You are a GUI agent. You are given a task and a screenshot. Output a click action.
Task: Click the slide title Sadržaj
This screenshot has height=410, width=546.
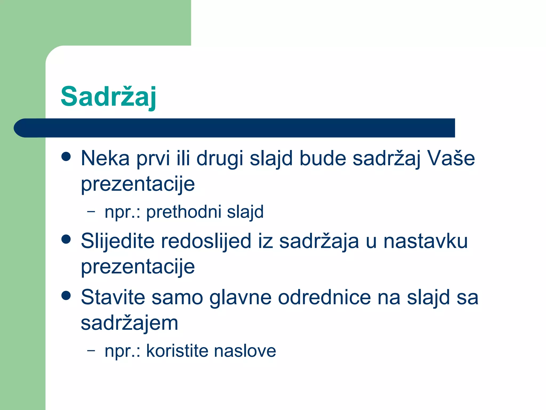(x=108, y=97)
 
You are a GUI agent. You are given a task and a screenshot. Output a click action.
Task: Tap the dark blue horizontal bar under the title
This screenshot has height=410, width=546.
(x=235, y=128)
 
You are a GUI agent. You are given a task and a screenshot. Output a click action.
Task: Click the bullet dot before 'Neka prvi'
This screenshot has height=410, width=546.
(x=66, y=157)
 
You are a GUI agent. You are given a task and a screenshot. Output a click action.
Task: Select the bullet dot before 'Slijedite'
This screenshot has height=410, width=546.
(x=66, y=239)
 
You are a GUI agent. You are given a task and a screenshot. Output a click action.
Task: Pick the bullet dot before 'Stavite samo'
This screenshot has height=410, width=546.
(x=66, y=295)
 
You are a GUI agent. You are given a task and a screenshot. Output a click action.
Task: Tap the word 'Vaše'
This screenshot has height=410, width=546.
(x=451, y=158)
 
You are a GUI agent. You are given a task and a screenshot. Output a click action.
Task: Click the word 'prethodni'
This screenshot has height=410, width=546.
(x=184, y=212)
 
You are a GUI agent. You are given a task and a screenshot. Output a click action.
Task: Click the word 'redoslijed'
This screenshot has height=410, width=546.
(x=206, y=241)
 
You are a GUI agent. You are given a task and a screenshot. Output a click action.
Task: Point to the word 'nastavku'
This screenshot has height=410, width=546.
(x=425, y=241)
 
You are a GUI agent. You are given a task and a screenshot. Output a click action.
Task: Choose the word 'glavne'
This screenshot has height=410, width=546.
(x=240, y=297)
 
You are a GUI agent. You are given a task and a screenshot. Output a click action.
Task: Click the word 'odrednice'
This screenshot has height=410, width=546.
(x=324, y=297)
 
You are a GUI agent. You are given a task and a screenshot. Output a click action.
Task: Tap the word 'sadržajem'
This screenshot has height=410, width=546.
(x=130, y=323)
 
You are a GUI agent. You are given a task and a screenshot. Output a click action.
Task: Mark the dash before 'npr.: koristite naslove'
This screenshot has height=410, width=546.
(x=91, y=350)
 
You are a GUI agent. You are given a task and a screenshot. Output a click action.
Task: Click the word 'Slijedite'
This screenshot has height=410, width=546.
(x=118, y=241)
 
